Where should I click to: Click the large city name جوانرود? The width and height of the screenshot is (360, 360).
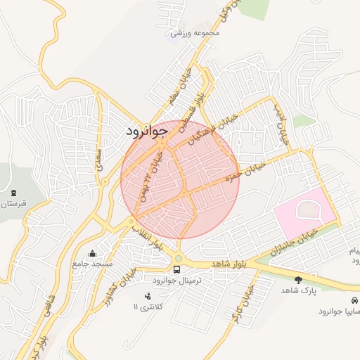point(147,130)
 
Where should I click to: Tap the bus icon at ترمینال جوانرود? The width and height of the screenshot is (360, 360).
point(177,269)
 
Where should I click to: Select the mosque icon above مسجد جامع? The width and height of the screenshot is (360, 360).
point(93,253)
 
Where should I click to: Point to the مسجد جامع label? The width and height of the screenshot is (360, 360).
point(92,264)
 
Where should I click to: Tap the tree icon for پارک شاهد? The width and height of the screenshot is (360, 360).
point(299,280)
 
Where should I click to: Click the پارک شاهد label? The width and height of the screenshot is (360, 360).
point(300,290)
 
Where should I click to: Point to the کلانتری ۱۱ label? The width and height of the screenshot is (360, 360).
point(148,308)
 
